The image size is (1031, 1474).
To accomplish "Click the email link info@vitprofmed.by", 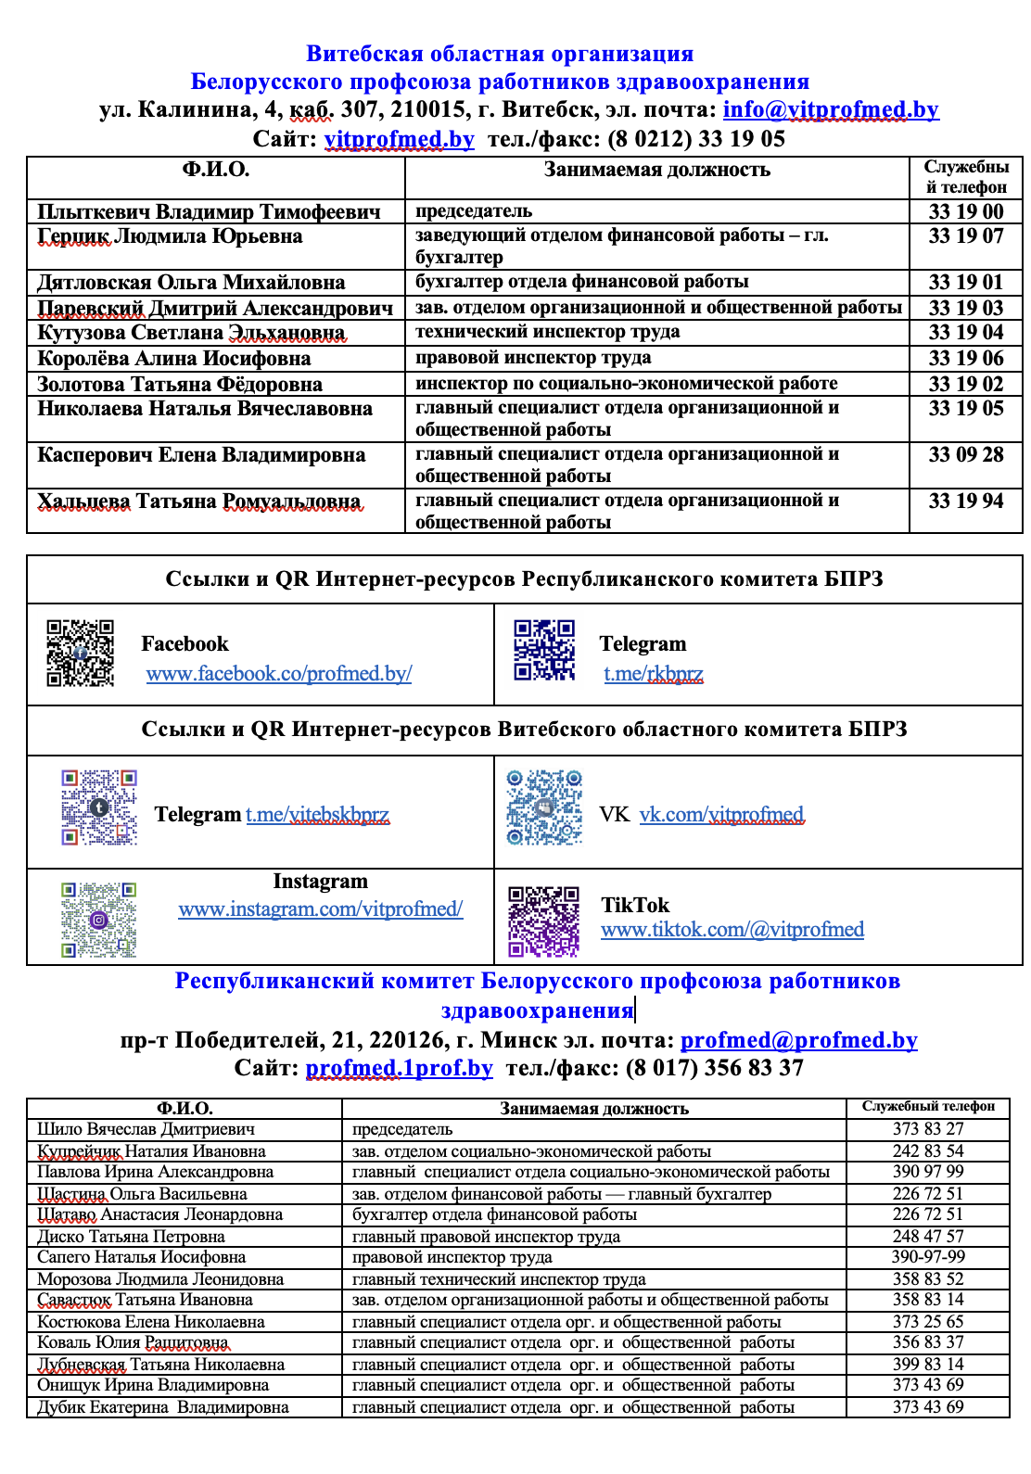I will tap(830, 110).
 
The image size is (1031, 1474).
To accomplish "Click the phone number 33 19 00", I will tap(965, 211).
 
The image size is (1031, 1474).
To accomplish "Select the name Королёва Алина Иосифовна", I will tap(174, 359).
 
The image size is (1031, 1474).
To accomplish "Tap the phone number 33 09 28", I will tap(965, 455).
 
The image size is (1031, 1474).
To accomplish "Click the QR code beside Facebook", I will tap(81, 653).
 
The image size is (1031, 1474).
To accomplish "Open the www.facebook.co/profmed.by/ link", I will tap(279, 674).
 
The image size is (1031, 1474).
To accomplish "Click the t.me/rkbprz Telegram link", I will tap(653, 674).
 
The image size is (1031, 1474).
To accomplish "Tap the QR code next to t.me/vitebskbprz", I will tap(99, 807).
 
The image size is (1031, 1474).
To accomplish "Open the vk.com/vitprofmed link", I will tap(721, 815).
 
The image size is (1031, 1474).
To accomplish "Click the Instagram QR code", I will tap(99, 920).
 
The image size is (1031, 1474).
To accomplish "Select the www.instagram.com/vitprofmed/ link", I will tap(320, 909).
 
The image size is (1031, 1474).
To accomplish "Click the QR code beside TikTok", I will tap(544, 921).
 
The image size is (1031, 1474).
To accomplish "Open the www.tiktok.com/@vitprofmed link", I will tap(732, 930).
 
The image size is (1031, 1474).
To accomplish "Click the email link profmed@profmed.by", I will tap(798, 1040).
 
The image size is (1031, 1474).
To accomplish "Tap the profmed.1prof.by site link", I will tap(399, 1068).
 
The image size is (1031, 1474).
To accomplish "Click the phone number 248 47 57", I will tap(928, 1236).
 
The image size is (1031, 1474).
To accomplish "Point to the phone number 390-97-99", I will tap(928, 1257).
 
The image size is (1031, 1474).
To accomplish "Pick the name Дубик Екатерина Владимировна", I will tap(163, 1407).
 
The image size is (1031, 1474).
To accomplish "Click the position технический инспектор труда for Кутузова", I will tap(547, 332).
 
